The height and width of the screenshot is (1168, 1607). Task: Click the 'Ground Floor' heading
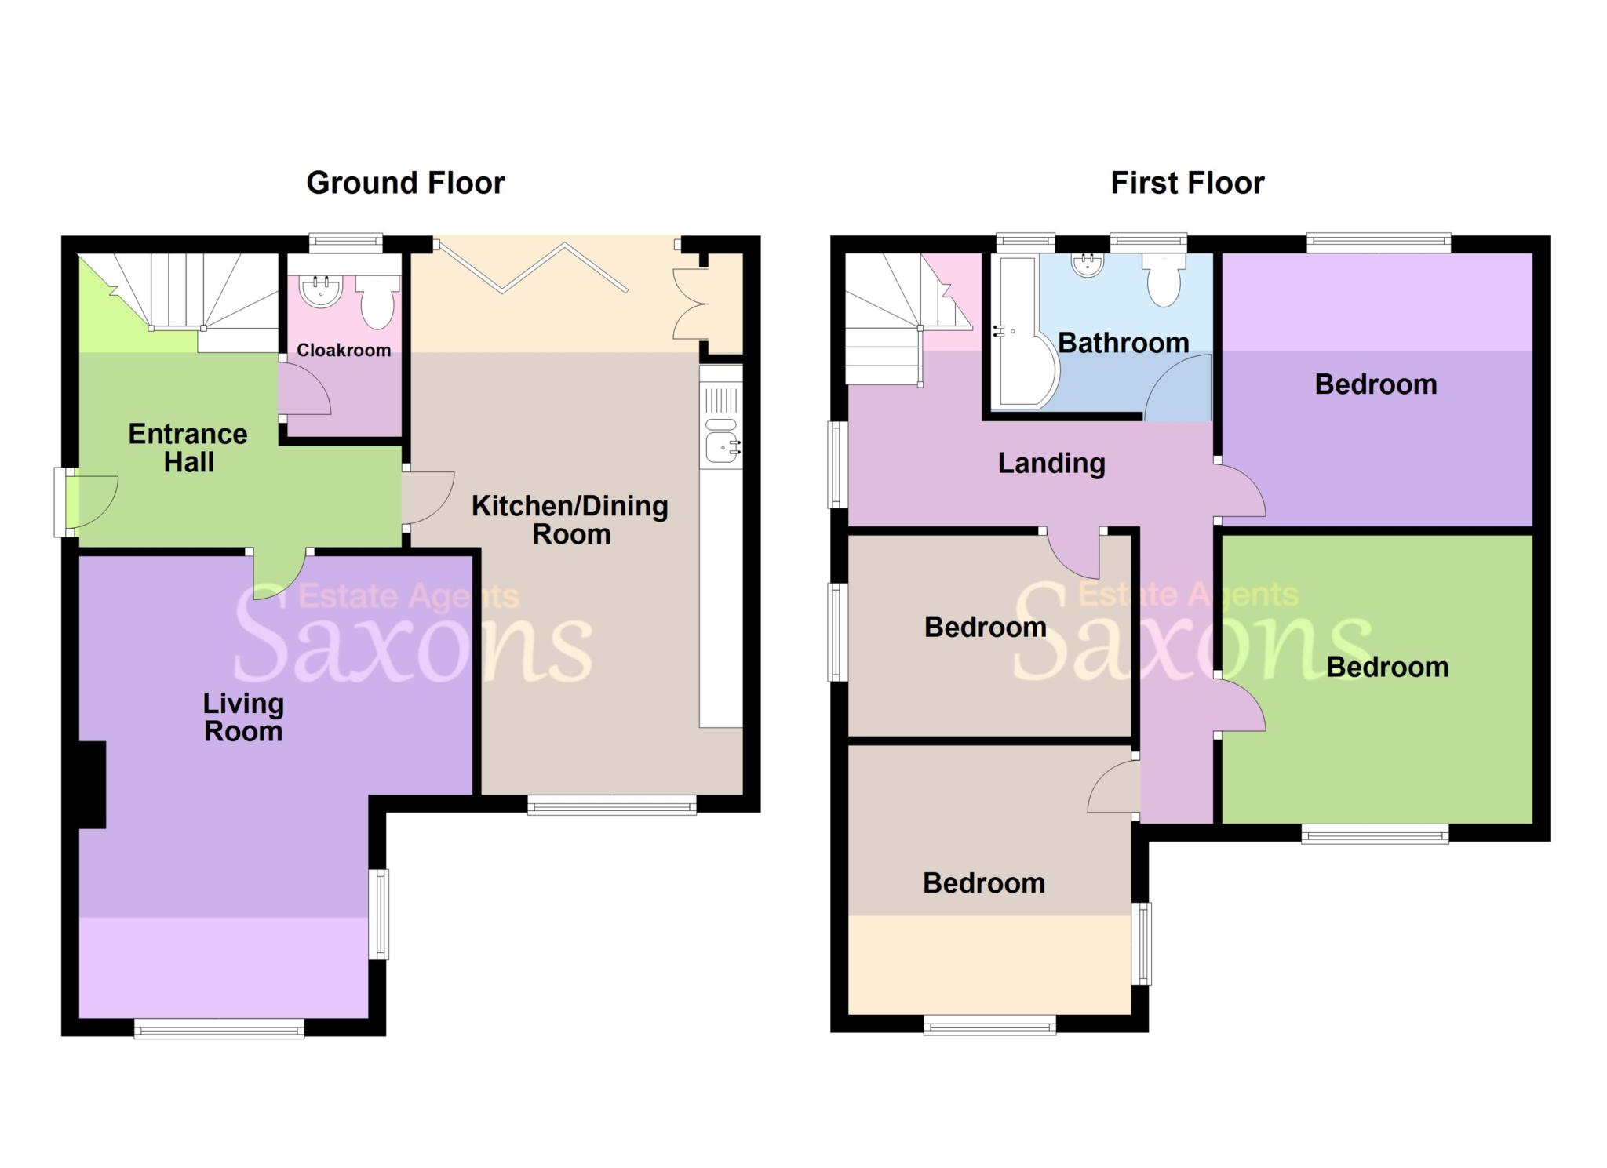[405, 183]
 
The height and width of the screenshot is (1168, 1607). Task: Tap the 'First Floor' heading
[1186, 183]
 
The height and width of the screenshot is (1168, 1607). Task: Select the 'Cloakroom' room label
[344, 350]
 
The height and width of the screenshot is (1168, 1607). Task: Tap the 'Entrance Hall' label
[188, 448]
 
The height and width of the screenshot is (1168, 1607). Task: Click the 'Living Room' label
[243, 717]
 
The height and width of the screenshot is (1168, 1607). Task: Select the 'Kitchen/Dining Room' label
[570, 519]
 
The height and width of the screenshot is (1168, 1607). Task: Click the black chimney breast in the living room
[93, 784]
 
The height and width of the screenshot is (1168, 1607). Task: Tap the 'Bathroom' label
[1123, 343]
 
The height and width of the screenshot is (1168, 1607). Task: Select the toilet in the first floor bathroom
[1164, 282]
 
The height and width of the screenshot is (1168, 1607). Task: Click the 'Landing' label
[1051, 463]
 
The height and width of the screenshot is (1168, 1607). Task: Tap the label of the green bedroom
[1387, 667]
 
